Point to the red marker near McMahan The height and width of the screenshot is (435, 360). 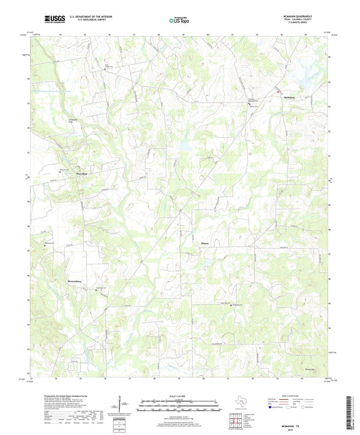(x=276, y=92)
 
